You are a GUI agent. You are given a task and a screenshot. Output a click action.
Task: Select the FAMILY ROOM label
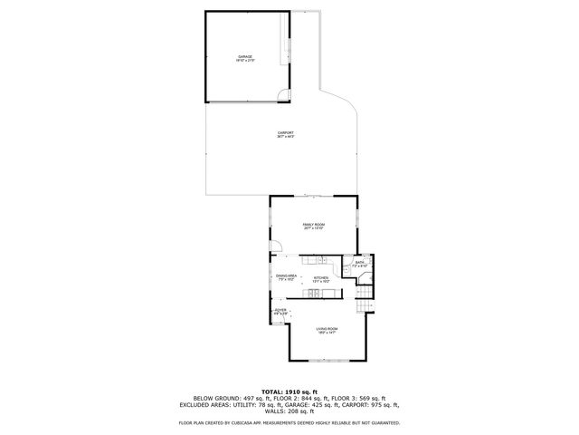point(313,226)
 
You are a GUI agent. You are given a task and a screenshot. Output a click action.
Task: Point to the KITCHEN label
point(321,279)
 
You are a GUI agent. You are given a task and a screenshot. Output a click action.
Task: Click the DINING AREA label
point(287,276)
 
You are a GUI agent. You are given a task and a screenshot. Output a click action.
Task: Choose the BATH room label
point(359,263)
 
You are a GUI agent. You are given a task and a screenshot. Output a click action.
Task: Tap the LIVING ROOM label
point(327,330)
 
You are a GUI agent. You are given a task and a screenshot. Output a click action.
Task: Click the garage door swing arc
point(283,99)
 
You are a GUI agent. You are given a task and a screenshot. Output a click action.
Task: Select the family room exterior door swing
point(278,246)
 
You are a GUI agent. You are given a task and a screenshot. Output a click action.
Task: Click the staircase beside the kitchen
point(365,304)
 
